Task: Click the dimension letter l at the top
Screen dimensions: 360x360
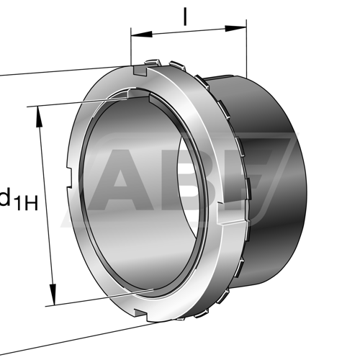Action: (184, 17)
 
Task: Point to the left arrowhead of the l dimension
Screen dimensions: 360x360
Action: (142, 35)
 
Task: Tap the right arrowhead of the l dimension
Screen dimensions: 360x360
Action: (235, 29)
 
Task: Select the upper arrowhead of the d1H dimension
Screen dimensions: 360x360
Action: (39, 117)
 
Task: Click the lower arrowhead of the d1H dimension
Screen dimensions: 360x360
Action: (53, 294)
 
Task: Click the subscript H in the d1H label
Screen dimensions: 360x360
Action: (32, 204)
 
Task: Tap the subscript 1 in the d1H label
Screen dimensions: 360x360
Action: (19, 204)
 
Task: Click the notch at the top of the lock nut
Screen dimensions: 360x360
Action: (140, 71)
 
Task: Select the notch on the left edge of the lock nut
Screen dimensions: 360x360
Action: (70, 177)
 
